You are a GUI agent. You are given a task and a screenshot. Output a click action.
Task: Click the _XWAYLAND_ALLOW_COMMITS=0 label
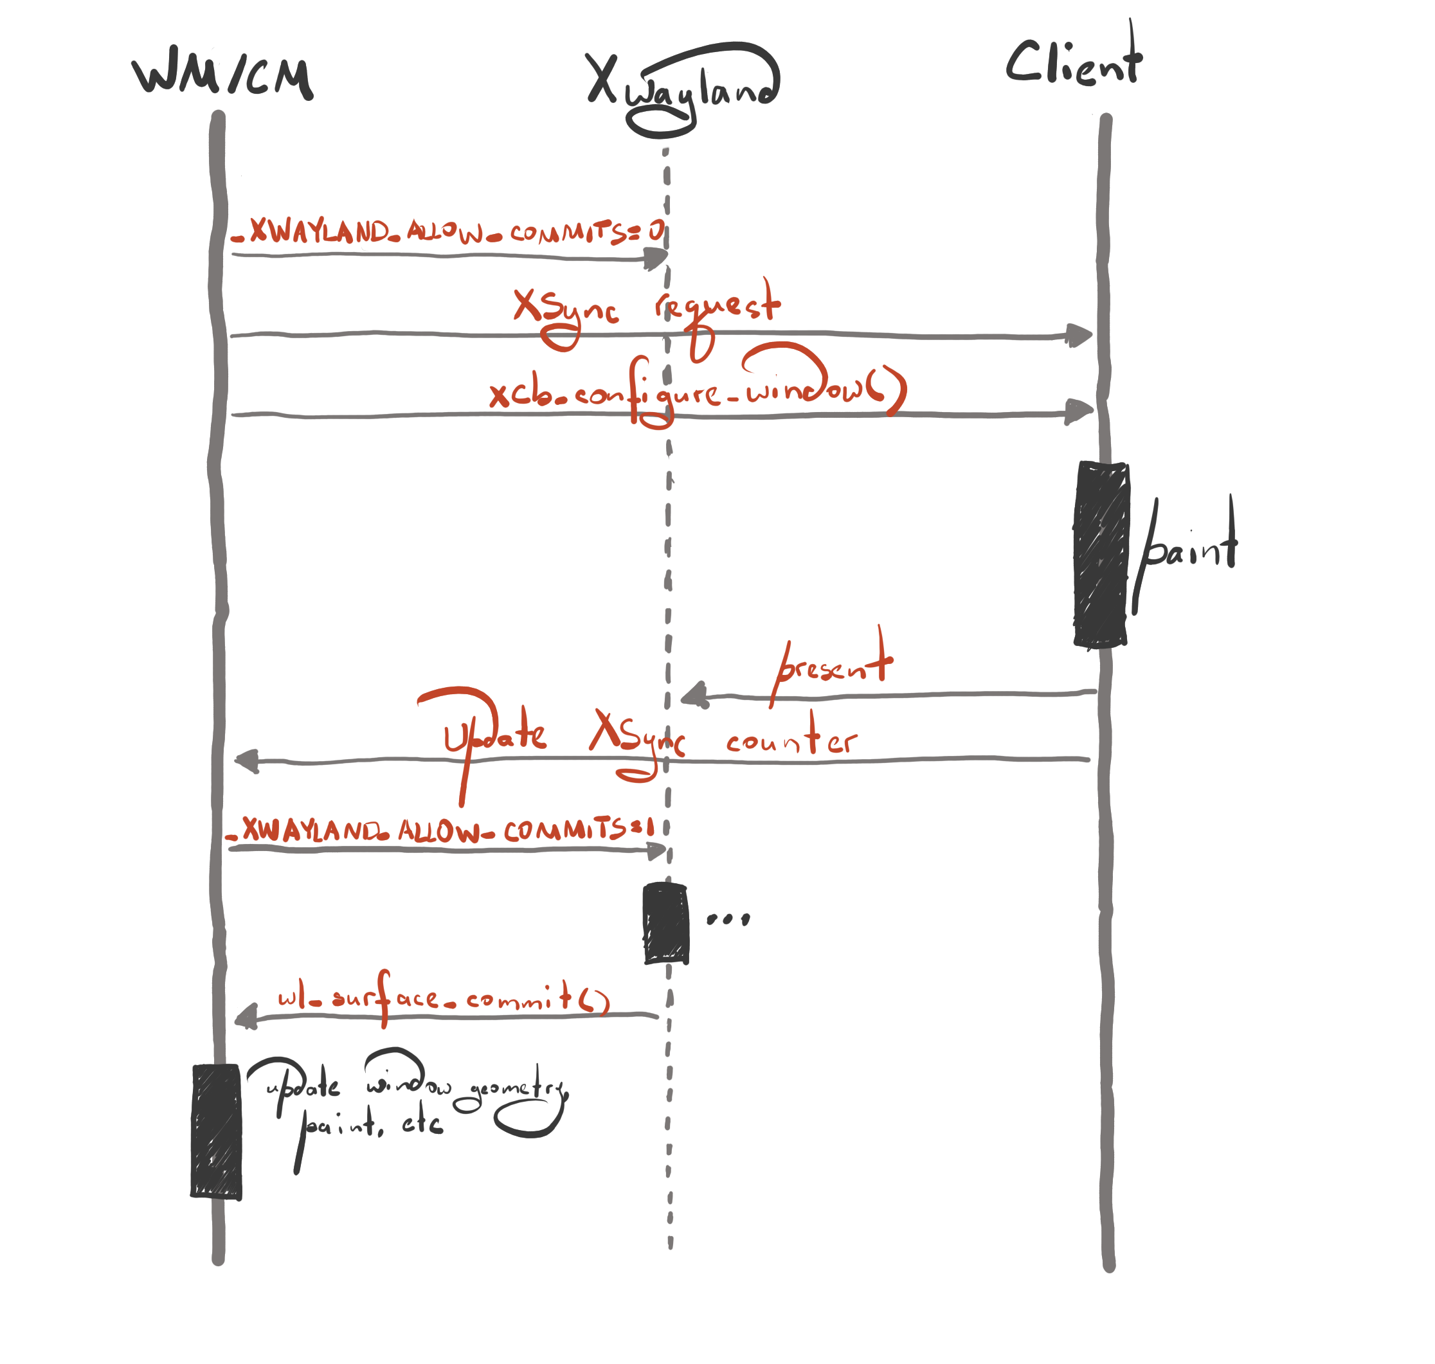coord(447,232)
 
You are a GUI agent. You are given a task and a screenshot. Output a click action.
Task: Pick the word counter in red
coord(791,740)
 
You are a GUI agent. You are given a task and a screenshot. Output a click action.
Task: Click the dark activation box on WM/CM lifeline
coord(216,1131)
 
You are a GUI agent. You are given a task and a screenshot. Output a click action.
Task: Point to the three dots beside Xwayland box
coord(728,919)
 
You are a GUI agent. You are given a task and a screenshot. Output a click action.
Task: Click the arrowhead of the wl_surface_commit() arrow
coord(246,1016)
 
